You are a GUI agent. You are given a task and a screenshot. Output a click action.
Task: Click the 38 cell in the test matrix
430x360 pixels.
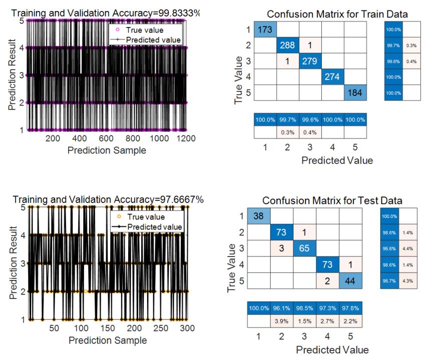pos(259,215)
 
